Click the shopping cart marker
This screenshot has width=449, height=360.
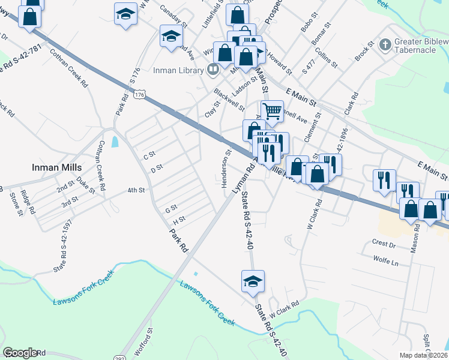pos(272,110)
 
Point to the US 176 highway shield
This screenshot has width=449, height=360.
pos(140,95)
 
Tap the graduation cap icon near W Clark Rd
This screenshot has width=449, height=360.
pos(253,280)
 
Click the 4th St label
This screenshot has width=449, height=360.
pos(136,190)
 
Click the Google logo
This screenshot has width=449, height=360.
pos(20,352)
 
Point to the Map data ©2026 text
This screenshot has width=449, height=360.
pos(423,355)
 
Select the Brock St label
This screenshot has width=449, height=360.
pos(364,50)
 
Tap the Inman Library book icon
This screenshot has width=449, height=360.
pos(212,70)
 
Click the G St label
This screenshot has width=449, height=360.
pos(171,209)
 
